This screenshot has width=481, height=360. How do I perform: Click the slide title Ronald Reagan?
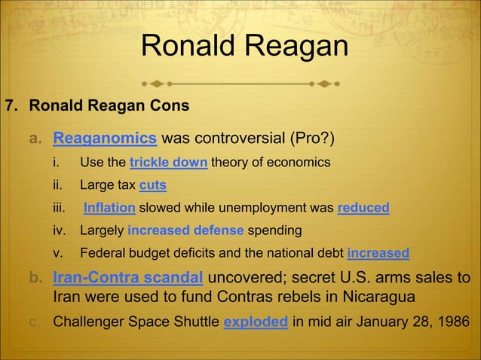point(244,47)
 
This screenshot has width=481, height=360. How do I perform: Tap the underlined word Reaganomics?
point(105,139)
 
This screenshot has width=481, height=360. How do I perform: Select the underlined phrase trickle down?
point(169,163)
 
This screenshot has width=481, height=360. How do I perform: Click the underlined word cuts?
point(153,185)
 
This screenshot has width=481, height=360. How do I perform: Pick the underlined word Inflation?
point(109,208)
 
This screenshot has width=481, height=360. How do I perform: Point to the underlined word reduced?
point(363,208)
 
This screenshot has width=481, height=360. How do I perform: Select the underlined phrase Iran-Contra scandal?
point(127,277)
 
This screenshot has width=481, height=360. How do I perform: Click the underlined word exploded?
point(256,322)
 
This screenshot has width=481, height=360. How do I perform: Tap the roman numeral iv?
point(58,230)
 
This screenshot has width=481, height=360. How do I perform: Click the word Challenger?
point(89,322)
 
